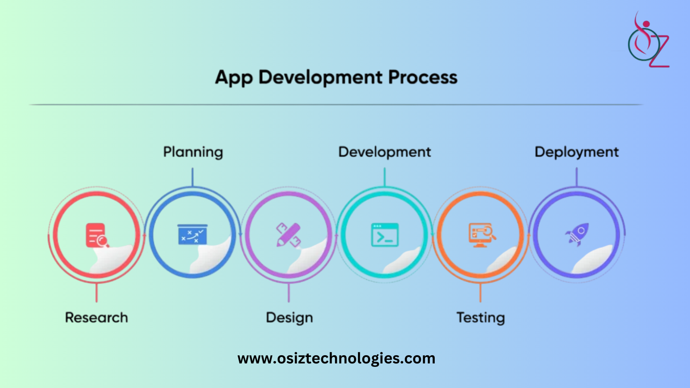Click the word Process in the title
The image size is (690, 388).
click(x=423, y=77)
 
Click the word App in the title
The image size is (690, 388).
click(x=234, y=78)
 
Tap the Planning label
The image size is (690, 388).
click(x=193, y=152)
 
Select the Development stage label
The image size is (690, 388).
click(x=385, y=152)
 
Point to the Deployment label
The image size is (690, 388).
click(x=577, y=152)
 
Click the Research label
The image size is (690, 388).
click(x=97, y=317)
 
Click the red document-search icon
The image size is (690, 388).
click(x=97, y=235)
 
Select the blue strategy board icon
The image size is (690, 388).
click(x=192, y=235)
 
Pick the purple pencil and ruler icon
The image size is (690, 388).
click(x=289, y=235)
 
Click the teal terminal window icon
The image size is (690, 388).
click(x=385, y=235)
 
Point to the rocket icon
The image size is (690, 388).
click(x=577, y=235)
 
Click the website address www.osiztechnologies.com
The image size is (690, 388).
click(x=336, y=358)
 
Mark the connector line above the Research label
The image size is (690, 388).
click(x=97, y=293)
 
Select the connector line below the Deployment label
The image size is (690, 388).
click(x=577, y=177)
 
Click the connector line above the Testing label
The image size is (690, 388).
click(x=480, y=293)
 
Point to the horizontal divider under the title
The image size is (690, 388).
click(x=336, y=105)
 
